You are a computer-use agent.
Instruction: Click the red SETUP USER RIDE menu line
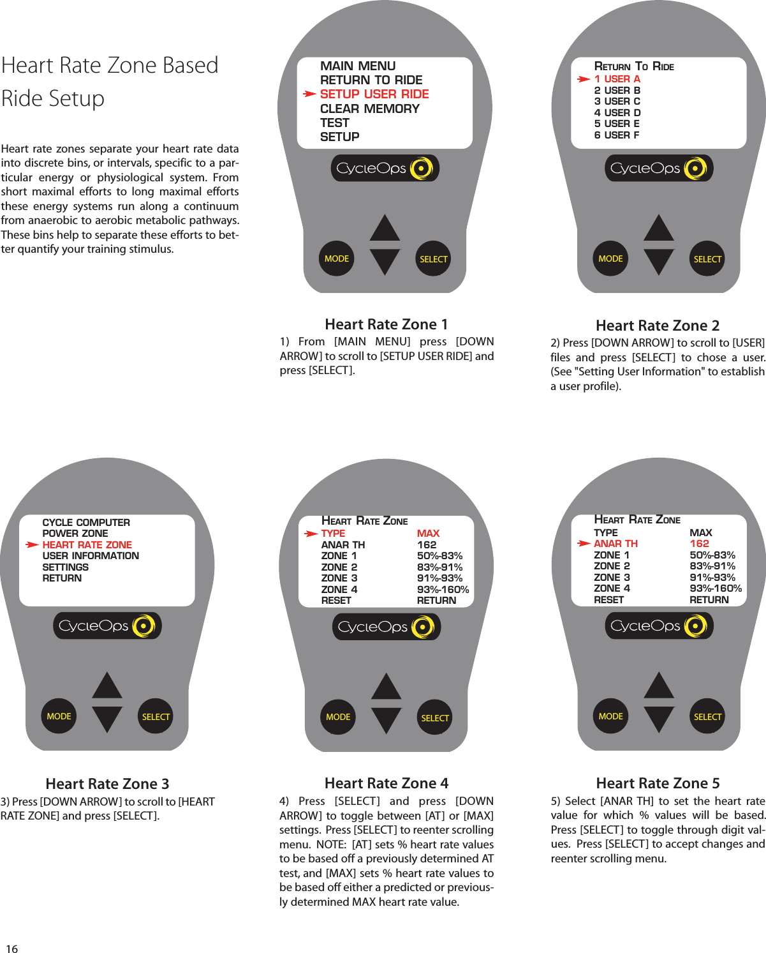coord(374,94)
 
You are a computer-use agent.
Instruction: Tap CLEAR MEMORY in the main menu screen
coord(370,109)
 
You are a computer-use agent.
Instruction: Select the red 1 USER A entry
coord(617,79)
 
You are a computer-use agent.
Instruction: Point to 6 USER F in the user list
coord(617,135)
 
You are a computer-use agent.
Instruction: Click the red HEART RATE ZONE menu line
coord(87,545)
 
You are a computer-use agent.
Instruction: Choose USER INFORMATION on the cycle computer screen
coord(91,556)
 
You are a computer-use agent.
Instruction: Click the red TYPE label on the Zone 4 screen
coord(333,534)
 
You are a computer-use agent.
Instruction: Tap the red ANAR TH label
coord(615,544)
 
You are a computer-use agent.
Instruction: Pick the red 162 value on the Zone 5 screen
coord(699,544)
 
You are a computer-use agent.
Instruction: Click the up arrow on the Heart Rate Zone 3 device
coord(107,686)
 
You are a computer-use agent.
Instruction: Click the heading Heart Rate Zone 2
coord(658,326)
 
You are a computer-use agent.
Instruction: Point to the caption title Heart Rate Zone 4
coord(387,783)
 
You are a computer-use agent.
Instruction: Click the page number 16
coord(11,949)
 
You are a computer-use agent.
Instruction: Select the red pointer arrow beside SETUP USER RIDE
coord(309,94)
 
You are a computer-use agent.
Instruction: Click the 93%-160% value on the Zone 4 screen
coord(443,590)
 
